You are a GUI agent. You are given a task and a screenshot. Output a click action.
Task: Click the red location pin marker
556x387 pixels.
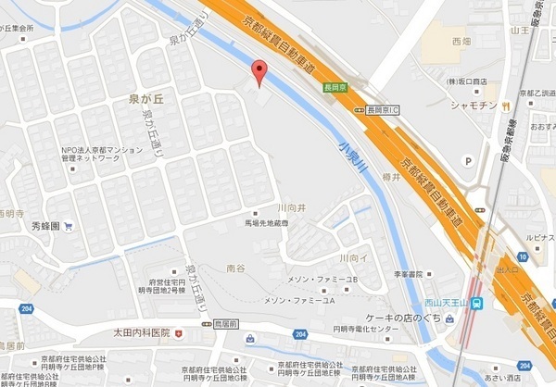click(260, 69)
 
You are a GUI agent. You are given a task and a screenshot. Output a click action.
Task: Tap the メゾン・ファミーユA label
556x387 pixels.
click(300, 301)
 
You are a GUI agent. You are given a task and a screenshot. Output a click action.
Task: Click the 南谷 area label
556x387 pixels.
click(235, 267)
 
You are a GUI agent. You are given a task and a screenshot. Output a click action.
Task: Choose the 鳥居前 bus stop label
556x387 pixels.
click(226, 325)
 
